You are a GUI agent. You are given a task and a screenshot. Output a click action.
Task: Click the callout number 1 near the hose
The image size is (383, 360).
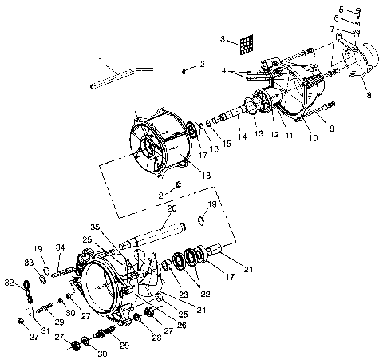[101, 60]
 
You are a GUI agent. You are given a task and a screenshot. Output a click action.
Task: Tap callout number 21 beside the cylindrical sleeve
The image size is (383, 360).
[248, 268]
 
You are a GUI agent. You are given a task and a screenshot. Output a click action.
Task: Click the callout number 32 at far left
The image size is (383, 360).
[10, 282]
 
